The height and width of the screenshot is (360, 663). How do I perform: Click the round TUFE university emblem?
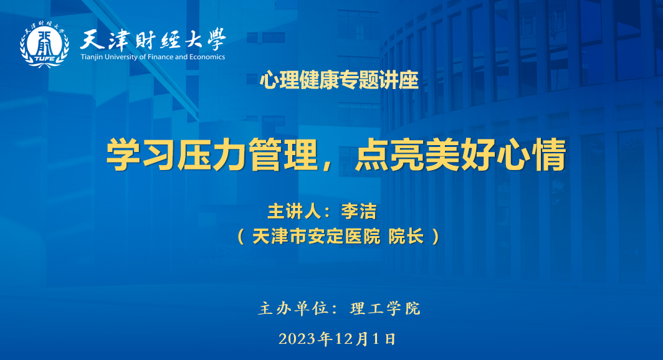[44, 44]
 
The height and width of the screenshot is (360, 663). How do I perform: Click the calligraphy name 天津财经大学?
[153, 40]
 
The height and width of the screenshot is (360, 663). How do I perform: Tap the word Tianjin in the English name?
[92, 57]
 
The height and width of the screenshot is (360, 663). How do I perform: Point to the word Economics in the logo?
[207, 57]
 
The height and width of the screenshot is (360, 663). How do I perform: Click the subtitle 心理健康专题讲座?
[339, 80]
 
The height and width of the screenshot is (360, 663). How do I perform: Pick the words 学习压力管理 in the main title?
[212, 154]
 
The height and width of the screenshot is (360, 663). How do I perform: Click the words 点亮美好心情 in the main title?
[460, 154]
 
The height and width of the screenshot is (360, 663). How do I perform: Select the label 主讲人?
[294, 211]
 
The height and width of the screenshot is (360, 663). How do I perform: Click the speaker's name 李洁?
[358, 211]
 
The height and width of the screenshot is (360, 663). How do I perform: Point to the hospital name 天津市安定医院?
[317, 236]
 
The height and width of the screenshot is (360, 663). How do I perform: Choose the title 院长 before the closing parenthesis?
[406, 236]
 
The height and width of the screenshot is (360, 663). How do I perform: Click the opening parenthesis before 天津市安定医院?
[241, 237]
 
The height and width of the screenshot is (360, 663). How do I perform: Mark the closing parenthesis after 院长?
[436, 237]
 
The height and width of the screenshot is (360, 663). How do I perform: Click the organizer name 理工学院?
[385, 308]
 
